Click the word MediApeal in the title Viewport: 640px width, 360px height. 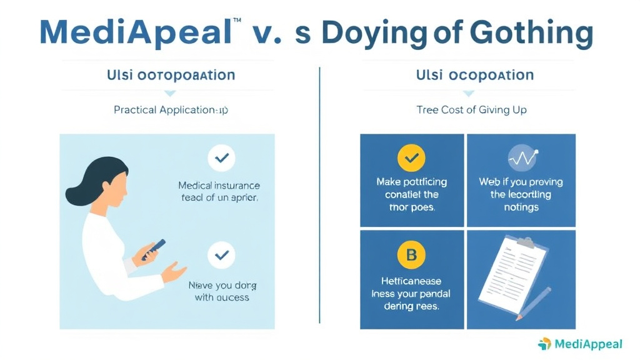click(x=135, y=33)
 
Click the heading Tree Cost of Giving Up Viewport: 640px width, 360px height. click(x=471, y=110)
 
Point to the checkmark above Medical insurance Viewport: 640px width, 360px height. click(x=221, y=159)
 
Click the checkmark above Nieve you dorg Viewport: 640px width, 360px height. click(x=221, y=255)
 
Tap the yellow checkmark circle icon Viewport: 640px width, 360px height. click(x=411, y=158)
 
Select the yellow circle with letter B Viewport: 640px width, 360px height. click(x=411, y=255)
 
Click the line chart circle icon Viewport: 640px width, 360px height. click(x=521, y=158)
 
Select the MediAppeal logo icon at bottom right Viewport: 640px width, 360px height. click(x=544, y=344)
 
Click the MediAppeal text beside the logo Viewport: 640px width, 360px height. click(x=588, y=344)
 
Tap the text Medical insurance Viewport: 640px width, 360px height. click(x=219, y=186)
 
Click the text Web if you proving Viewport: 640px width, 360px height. click(x=521, y=182)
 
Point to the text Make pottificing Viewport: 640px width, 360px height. click(x=411, y=182)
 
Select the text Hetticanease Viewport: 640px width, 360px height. click(x=411, y=282)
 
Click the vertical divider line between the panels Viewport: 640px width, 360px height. click(x=319, y=194)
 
